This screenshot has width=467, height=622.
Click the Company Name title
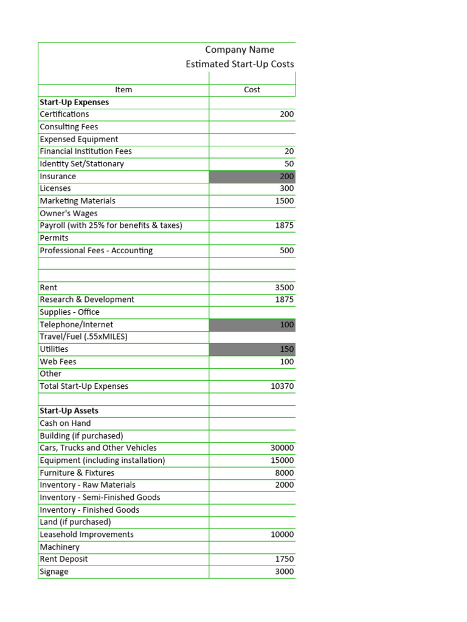240,50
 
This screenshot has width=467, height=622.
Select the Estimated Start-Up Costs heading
240,64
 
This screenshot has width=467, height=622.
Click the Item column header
123,90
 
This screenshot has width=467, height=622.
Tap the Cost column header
252,90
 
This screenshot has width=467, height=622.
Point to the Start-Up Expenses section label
74,102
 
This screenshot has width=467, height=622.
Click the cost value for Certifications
286,114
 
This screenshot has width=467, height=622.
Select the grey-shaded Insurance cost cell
252,177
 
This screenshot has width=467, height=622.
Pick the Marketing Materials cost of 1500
284,201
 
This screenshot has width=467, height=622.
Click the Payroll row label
111,225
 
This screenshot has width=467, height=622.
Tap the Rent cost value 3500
284,287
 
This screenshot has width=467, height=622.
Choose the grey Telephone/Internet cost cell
252,325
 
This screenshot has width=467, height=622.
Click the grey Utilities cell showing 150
252,349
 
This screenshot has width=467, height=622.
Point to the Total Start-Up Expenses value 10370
282,386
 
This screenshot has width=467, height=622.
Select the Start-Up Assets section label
69,411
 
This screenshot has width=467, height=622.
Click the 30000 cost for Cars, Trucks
282,448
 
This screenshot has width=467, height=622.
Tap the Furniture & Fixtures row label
77,473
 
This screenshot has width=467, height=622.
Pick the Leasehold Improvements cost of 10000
282,535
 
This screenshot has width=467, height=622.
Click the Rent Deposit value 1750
284,559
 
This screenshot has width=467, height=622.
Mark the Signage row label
54,572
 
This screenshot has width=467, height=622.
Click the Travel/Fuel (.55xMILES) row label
83,337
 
